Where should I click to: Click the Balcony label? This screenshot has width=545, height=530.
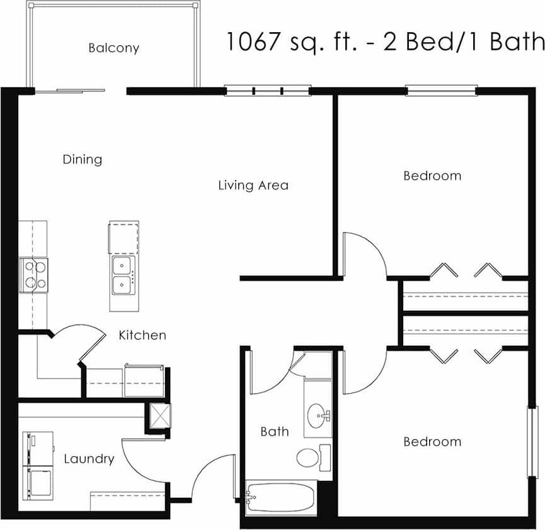coord(113,48)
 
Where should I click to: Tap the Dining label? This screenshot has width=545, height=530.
coord(82,159)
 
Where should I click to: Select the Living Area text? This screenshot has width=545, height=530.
coord(253,185)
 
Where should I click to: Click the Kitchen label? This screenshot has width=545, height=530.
coord(142,335)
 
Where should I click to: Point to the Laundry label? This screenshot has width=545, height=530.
coord(89,459)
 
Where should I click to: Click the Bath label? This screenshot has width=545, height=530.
coord(275,432)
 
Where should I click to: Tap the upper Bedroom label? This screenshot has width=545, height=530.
coord(432,176)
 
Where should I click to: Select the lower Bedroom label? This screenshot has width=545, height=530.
coord(432,442)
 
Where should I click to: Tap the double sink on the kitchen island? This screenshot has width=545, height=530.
coord(123,276)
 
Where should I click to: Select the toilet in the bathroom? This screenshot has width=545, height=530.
coord(309,457)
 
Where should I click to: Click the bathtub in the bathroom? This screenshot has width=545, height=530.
coord(281,498)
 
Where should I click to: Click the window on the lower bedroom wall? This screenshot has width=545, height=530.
coord(532,442)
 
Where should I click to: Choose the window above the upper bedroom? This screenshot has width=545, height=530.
coord(441,90)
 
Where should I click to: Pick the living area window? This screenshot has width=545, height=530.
coord(268,90)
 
